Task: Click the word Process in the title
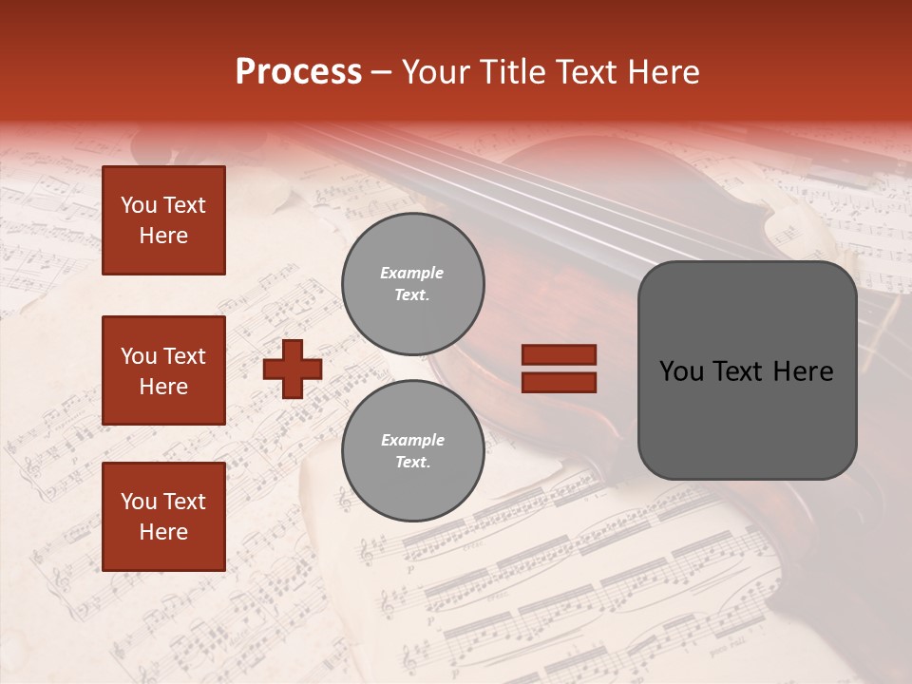298,72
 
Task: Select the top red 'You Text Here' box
163,220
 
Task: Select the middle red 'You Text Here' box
163,370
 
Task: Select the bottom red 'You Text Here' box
163,516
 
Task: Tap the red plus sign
292,369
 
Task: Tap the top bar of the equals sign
559,355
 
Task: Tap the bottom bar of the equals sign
559,382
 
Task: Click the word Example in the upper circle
412,273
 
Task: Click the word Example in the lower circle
412,440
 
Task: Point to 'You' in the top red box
139,205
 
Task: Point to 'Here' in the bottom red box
163,532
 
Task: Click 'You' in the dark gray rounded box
681,371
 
